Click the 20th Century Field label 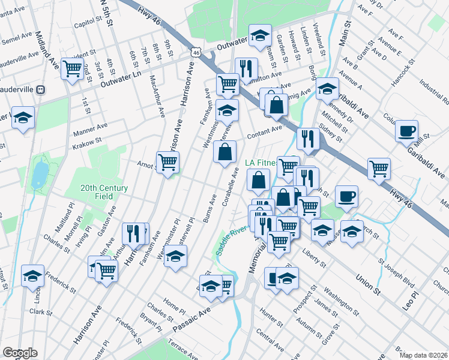104,192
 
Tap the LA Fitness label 262,163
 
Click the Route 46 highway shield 196,53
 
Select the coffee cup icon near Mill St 406,130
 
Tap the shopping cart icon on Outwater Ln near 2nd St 72,68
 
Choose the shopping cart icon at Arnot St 167,161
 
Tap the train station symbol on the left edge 41,89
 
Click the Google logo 19,353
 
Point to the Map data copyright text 424,355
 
